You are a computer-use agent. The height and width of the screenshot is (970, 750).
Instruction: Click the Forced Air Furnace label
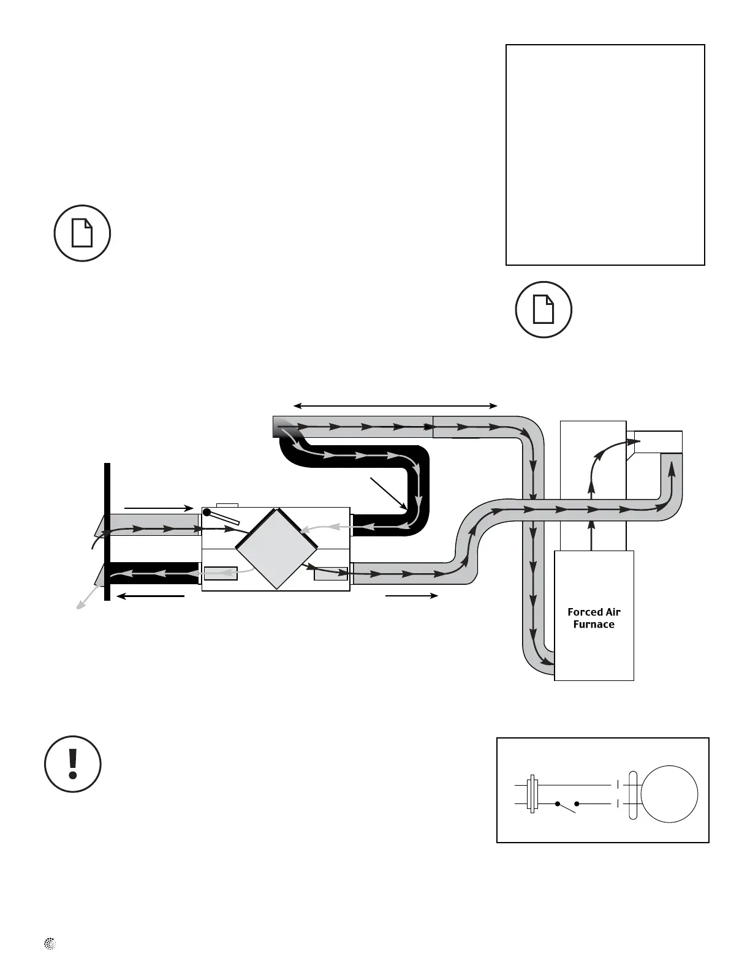point(594,618)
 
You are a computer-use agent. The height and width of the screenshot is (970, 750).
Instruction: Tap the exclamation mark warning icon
point(73,764)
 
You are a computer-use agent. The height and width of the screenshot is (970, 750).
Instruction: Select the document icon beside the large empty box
point(544,309)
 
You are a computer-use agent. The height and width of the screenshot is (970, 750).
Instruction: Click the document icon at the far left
point(82,233)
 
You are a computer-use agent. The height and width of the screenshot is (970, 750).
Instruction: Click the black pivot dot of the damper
point(207,512)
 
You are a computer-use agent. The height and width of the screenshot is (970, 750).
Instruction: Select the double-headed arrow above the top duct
point(395,405)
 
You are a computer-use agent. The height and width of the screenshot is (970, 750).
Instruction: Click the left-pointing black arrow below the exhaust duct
point(150,595)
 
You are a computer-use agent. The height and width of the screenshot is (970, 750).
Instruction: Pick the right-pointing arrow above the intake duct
point(158,508)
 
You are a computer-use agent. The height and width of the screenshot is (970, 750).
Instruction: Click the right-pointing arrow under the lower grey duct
point(412,595)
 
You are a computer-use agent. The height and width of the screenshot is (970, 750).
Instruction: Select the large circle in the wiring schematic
point(669,794)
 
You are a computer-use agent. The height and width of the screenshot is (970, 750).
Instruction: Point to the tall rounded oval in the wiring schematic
point(634,794)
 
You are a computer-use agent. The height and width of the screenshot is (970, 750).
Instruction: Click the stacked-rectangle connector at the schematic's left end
point(532,794)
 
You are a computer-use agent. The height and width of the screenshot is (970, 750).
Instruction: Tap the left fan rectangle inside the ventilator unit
point(221,574)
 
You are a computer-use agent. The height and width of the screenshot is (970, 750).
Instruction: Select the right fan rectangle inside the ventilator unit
point(330,574)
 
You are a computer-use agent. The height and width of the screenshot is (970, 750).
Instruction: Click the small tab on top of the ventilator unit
point(227,505)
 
